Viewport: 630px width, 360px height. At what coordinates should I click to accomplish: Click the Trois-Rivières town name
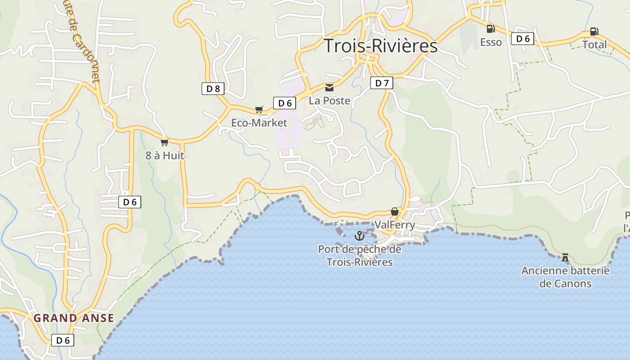[380, 46]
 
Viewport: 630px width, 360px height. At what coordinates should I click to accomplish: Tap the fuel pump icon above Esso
[490, 29]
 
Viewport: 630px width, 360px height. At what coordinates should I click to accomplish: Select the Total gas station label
[594, 45]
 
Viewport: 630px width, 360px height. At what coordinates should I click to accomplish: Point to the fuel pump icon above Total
[594, 31]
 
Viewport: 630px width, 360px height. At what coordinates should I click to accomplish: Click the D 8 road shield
[213, 89]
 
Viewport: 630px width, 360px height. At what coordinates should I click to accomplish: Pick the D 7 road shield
[382, 83]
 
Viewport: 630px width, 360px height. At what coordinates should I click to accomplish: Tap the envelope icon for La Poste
[329, 88]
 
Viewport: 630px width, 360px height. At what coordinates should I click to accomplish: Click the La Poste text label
[329, 101]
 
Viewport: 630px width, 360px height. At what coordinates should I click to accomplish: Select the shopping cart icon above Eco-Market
[259, 109]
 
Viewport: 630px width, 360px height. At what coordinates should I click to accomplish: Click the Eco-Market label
[259, 123]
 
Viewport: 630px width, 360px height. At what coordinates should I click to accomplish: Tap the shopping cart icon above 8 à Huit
[164, 142]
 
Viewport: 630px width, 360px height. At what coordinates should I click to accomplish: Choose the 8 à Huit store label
[165, 156]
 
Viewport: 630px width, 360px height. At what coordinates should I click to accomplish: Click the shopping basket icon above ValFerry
[395, 211]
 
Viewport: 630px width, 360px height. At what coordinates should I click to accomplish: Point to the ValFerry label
[395, 225]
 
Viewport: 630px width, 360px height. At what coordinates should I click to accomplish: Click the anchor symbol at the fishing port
[359, 235]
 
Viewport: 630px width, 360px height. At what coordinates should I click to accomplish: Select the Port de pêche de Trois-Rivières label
[359, 256]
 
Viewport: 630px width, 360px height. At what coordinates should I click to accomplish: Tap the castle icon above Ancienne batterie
[565, 257]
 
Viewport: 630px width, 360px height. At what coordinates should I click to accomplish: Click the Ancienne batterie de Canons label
[565, 277]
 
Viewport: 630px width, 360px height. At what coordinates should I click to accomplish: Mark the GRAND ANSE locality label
[74, 318]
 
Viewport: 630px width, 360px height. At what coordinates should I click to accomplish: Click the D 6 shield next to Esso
[522, 39]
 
